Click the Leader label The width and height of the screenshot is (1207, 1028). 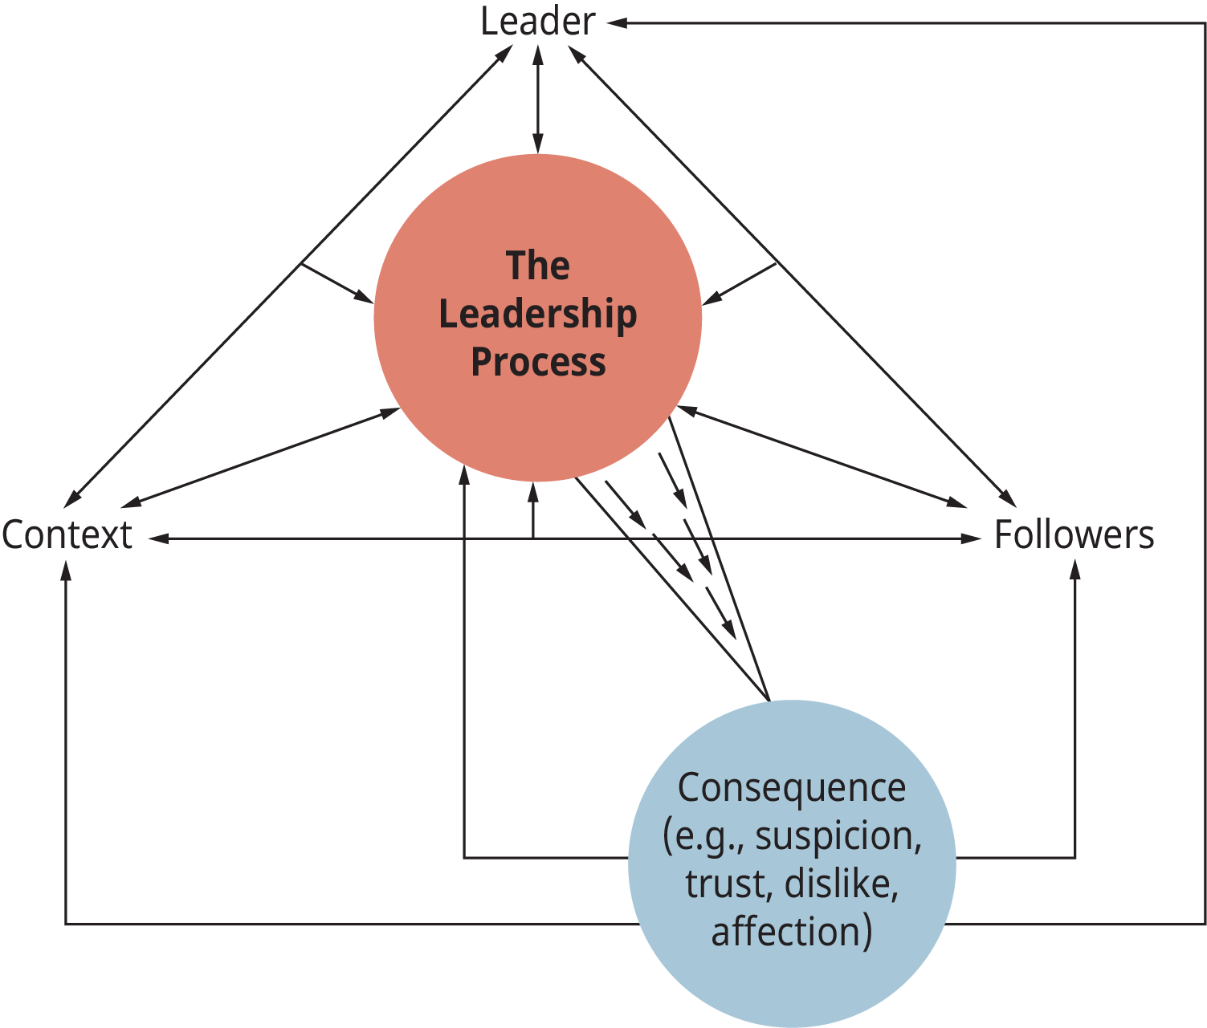tap(537, 22)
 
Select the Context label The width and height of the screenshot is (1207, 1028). tap(67, 535)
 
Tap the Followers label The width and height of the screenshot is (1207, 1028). tap(1074, 535)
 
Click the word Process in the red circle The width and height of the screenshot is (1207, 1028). tap(538, 362)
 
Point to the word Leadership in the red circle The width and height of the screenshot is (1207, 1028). tap(538, 314)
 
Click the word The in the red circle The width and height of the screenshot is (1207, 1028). tap(538, 266)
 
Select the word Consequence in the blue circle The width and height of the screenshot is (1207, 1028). tap(792, 787)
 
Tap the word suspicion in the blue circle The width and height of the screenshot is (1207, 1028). tap(838, 835)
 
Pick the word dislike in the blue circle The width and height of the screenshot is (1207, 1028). tap(841, 884)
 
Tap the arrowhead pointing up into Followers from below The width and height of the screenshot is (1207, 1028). tap(1075, 569)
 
